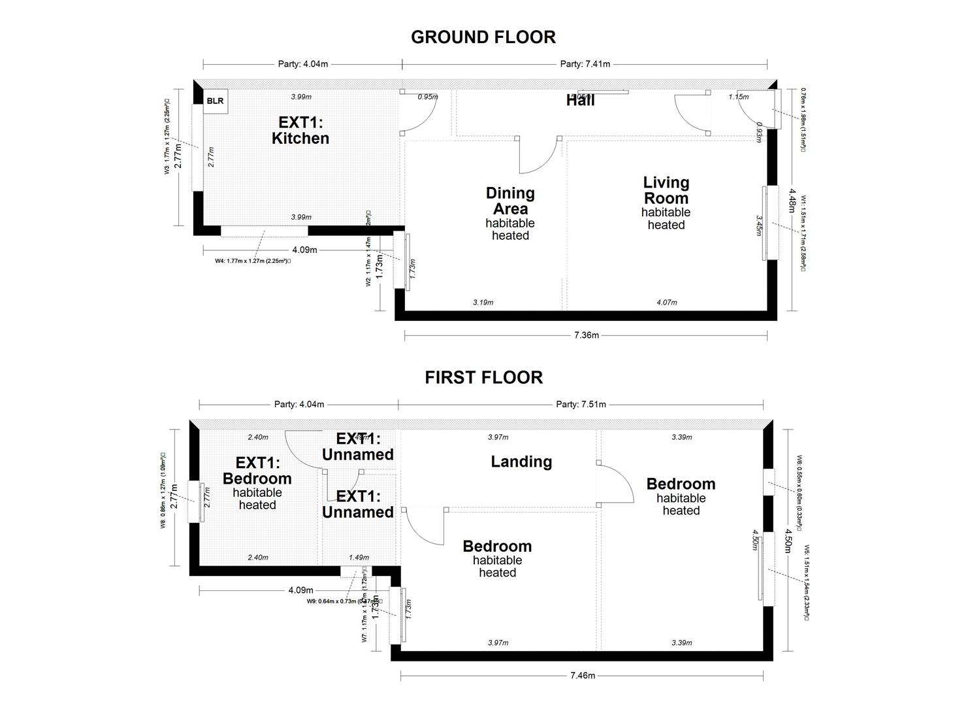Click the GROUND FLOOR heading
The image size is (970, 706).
click(x=483, y=37)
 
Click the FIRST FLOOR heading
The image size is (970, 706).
click(x=483, y=377)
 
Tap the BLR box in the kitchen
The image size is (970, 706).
click(x=215, y=101)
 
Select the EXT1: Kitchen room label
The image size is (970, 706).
click(x=300, y=130)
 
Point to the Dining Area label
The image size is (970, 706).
click(x=510, y=201)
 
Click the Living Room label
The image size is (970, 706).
click(x=666, y=190)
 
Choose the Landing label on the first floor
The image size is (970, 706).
click(x=521, y=462)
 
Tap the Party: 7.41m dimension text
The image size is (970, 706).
click(x=585, y=64)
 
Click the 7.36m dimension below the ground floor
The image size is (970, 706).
click(x=586, y=335)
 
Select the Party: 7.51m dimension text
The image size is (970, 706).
click(x=581, y=404)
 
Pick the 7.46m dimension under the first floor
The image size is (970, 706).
click(x=582, y=675)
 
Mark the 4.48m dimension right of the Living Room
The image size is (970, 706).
click(x=792, y=201)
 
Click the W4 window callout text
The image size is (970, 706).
click(x=253, y=260)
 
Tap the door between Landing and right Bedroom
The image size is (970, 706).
click(x=615, y=483)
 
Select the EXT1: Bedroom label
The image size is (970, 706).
click(x=257, y=471)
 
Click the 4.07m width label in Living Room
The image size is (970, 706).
click(x=666, y=302)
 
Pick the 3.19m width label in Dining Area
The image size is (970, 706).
click(x=483, y=302)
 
